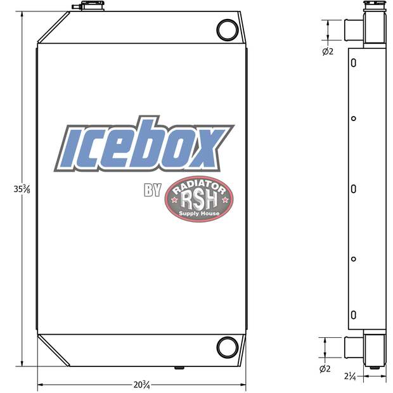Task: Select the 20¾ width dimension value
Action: coord(141,385)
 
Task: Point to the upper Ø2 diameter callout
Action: coord(327,51)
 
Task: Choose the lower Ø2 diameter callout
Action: coord(325,368)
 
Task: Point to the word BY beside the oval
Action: coord(153,190)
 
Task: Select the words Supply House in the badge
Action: coord(200,214)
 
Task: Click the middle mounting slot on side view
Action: coord(354,189)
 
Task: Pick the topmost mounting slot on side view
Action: coord(354,63)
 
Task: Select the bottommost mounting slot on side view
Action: coord(354,314)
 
